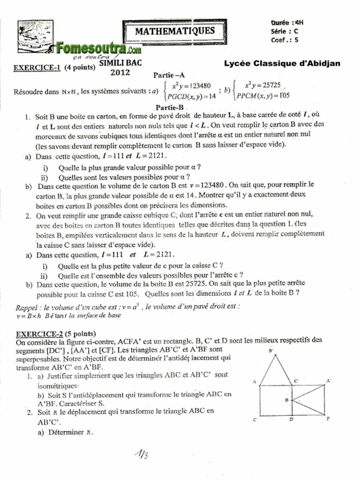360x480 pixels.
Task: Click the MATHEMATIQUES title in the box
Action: [174, 31]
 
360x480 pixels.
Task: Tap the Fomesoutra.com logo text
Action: [97, 48]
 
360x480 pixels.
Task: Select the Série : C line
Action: [284, 31]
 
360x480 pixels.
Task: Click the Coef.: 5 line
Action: [284, 40]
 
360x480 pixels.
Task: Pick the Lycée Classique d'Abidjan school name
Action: [282, 63]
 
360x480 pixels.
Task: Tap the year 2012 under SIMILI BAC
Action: [120, 72]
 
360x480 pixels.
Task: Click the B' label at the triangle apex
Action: [271, 350]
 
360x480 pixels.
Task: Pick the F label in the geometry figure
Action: [328, 419]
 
